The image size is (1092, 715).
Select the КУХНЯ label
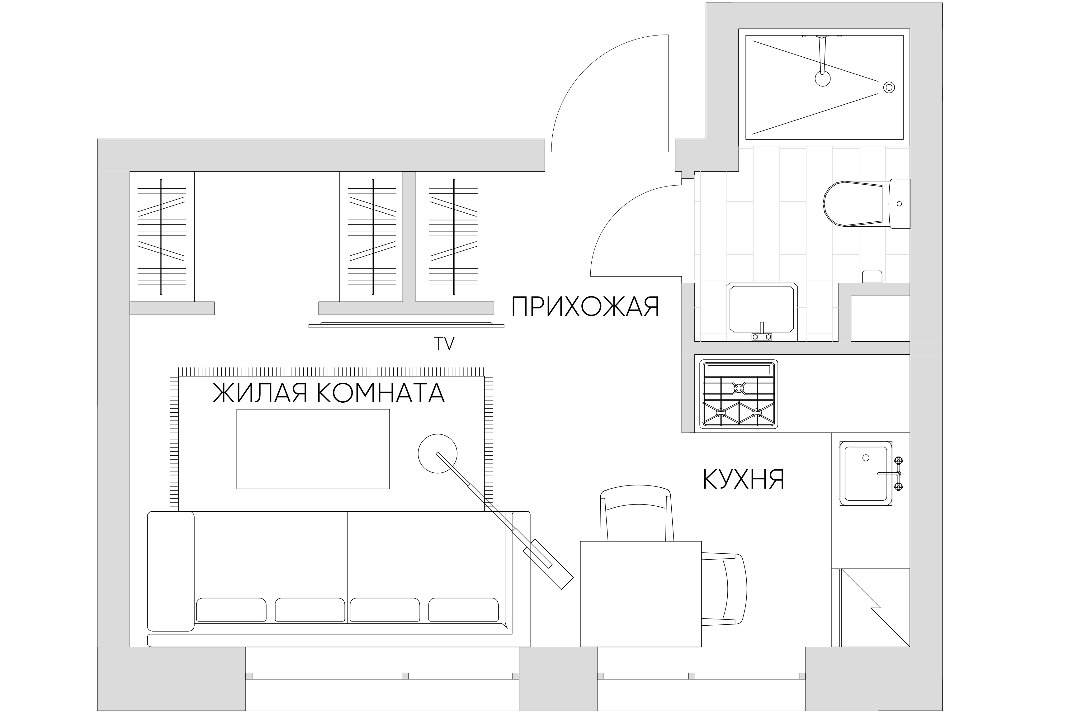point(744,480)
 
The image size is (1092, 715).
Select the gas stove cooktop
point(739,394)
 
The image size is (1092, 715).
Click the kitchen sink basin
point(866,474)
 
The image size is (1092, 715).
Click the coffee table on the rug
point(313,449)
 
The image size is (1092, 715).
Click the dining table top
point(641,594)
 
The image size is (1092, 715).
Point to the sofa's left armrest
point(171,571)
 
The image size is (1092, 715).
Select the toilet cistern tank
point(900,203)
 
